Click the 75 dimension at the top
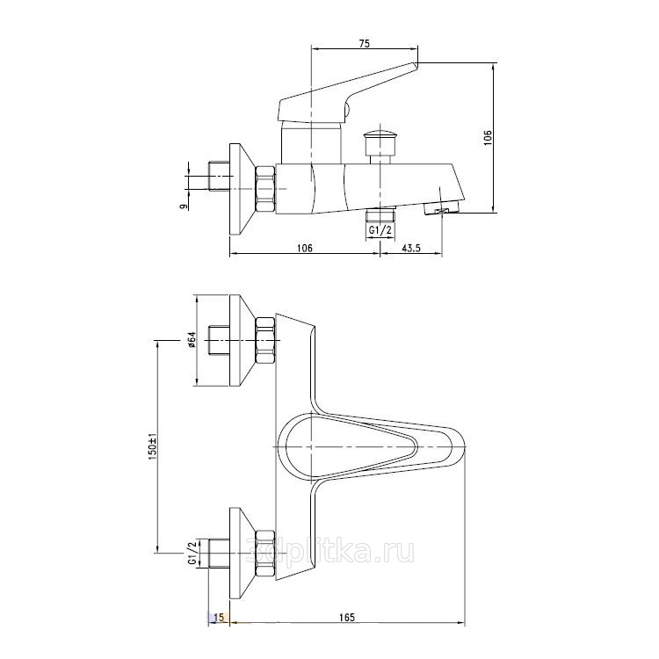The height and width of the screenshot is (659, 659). tap(365, 44)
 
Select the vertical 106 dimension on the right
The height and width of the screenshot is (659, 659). tap(488, 138)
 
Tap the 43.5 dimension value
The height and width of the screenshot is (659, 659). tap(411, 248)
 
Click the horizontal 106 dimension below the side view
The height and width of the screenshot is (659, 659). tap(305, 248)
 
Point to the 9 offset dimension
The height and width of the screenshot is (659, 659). tap(184, 206)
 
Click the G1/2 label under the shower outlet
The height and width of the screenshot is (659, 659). tap(380, 230)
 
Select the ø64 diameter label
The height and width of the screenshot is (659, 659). tap(192, 339)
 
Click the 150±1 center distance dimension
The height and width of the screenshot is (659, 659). tap(152, 446)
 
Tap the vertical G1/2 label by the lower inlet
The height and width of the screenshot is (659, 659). tap(192, 553)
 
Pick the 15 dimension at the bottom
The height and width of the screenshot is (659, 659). tap(219, 618)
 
